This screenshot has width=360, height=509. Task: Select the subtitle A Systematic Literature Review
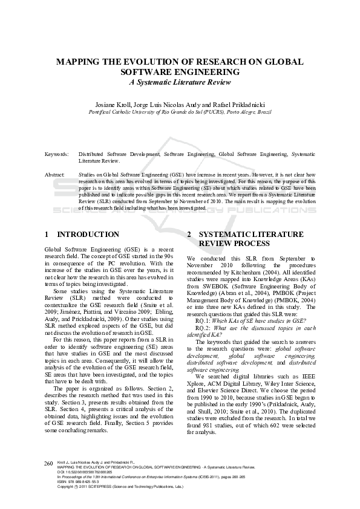[180, 82]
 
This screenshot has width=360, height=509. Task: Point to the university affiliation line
[180, 112]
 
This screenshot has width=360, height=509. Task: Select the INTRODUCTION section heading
[88, 234]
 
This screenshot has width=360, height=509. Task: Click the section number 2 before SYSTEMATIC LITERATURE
[172, 234]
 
